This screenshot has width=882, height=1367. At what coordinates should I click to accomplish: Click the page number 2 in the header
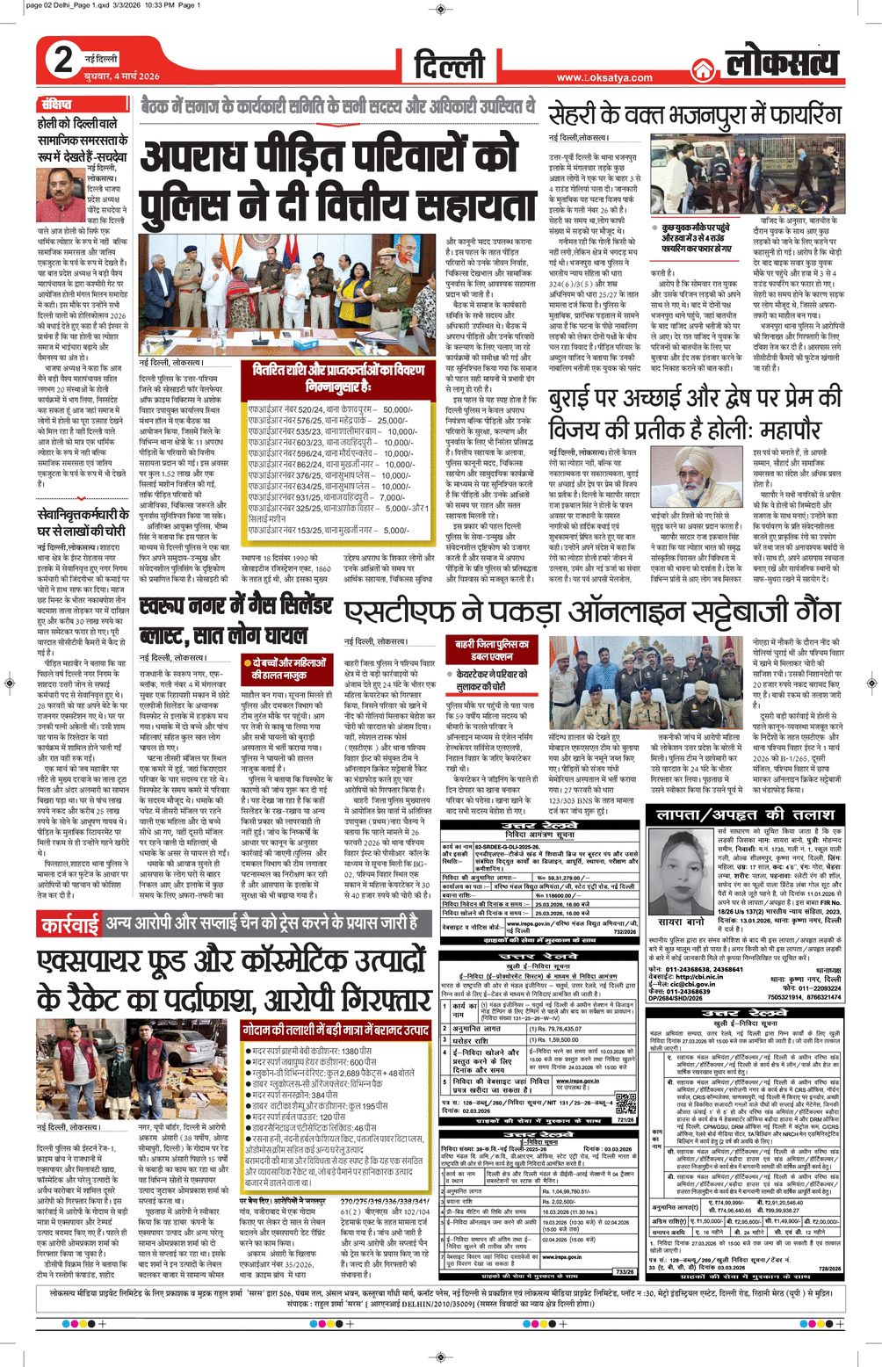coord(63,60)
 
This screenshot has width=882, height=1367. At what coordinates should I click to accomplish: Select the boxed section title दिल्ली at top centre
coord(449,64)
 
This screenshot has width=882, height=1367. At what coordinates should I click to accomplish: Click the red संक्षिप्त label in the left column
coord(55,104)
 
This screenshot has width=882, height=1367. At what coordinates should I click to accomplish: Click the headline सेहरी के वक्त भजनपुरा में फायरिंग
coord(694,114)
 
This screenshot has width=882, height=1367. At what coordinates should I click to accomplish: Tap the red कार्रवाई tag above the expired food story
coord(70,923)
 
